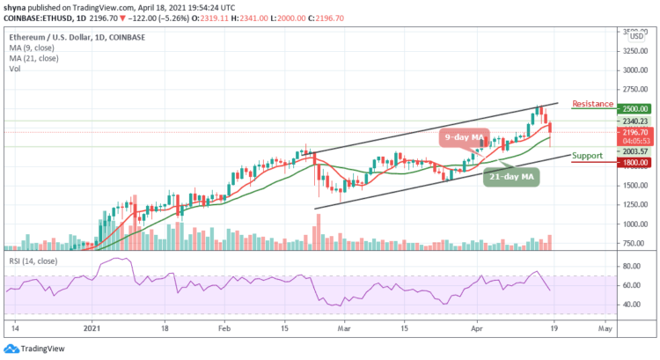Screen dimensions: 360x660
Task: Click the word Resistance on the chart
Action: click(x=592, y=104)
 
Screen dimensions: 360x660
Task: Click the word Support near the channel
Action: click(x=587, y=156)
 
